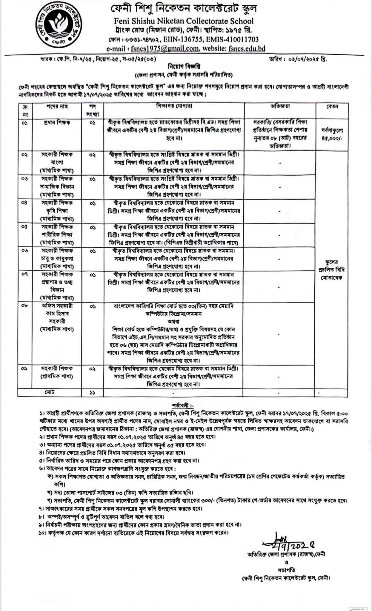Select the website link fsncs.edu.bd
[247, 49]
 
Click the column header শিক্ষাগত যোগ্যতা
[174, 107]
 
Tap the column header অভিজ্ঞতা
[280, 107]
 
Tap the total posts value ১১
[92, 393]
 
